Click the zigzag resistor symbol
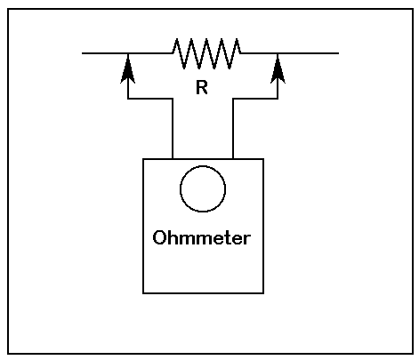pyautogui.click(x=206, y=53)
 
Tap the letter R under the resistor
pyautogui.click(x=202, y=88)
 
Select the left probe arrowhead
pyautogui.click(x=128, y=69)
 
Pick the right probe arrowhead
pyautogui.click(x=278, y=69)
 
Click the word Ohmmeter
pyautogui.click(x=202, y=237)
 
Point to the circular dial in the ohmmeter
pyautogui.click(x=203, y=166)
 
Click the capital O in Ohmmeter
pyautogui.click(x=158, y=237)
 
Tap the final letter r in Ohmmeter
pyautogui.click(x=247, y=239)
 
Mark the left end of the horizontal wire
pyautogui.click(x=83, y=53)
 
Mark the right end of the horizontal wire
pyautogui.click(x=338, y=53)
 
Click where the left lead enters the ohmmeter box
pyautogui.click(x=173, y=159)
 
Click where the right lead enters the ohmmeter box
pyautogui.click(x=233, y=159)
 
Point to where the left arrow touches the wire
pyautogui.click(x=128, y=53)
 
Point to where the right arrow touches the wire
pyautogui.click(x=278, y=53)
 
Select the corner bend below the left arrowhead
pyautogui.click(x=128, y=99)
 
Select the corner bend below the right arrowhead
pyautogui.click(x=278, y=99)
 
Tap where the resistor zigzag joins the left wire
pyautogui.click(x=172, y=53)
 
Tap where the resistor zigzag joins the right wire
pyautogui.click(x=241, y=53)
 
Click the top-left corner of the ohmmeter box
pyautogui.click(x=143, y=159)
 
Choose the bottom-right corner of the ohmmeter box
pyautogui.click(x=263, y=293)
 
